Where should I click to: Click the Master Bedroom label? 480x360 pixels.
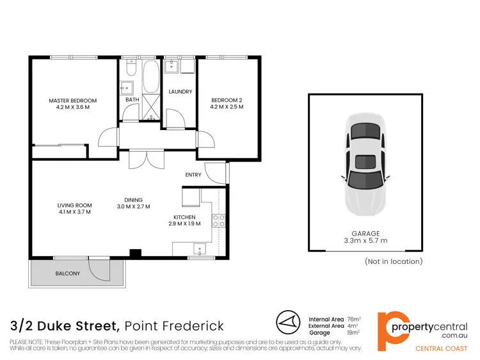click(73, 101)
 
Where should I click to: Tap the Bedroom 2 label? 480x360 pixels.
click(227, 101)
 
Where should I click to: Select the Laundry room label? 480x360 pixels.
click(180, 92)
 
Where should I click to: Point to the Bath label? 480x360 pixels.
click(132, 100)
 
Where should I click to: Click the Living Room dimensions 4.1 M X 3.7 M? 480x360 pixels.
click(74, 212)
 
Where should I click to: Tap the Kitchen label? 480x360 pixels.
click(184, 217)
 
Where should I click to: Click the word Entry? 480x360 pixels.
click(193, 175)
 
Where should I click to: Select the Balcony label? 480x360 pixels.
click(67, 274)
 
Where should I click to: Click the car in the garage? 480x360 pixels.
click(365, 165)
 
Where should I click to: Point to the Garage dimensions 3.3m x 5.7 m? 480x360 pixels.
click(365, 241)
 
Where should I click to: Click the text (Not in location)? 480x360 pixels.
click(394, 261)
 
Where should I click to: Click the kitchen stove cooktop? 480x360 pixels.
click(218, 221)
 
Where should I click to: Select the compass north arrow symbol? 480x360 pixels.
click(288, 322)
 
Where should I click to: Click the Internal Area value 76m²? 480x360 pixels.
click(354, 318)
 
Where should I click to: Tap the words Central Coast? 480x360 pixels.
click(442, 348)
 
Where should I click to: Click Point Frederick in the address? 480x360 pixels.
click(173, 325)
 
